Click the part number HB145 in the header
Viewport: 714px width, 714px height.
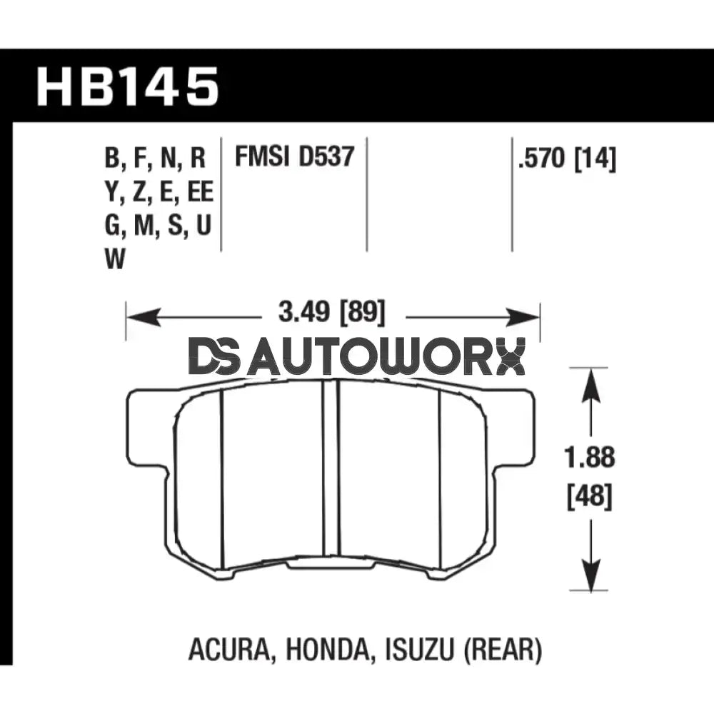click(127, 86)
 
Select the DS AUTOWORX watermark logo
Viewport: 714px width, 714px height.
click(357, 357)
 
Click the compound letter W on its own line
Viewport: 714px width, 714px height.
click(115, 261)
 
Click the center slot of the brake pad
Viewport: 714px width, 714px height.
click(329, 468)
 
